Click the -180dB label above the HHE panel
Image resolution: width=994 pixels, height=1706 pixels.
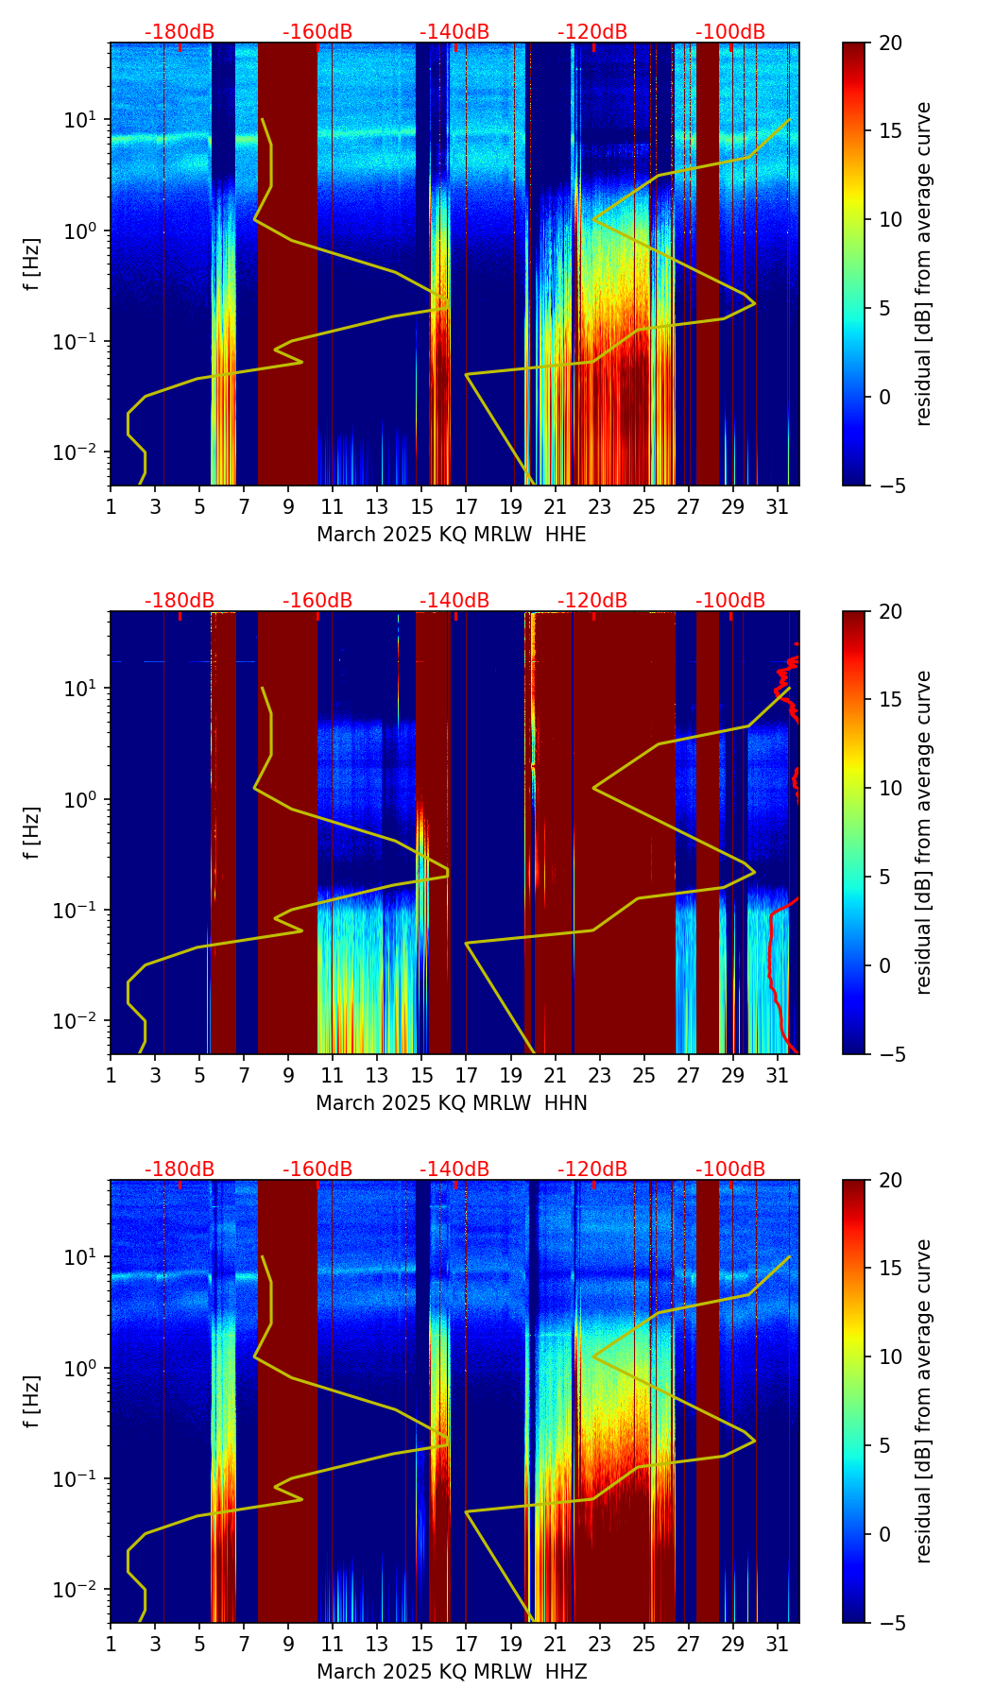pyautogui.click(x=180, y=32)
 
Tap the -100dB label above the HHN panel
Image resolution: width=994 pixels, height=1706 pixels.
pyautogui.click(x=730, y=601)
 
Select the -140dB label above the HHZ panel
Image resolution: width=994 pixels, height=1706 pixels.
pyautogui.click(x=454, y=1169)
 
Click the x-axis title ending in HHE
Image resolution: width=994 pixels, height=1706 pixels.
pyautogui.click(x=451, y=535)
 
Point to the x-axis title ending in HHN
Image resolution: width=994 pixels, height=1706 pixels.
pyautogui.click(x=451, y=1103)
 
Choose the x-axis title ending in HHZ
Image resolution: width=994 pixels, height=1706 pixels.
pyautogui.click(x=451, y=1672)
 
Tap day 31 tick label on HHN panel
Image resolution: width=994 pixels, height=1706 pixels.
pyautogui.click(x=778, y=1076)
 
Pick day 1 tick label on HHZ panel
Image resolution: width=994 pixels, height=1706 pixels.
pyautogui.click(x=111, y=1645)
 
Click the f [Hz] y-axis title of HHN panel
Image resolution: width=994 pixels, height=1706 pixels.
pyautogui.click(x=33, y=832)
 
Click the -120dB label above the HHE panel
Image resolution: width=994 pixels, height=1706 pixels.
pyautogui.click(x=592, y=32)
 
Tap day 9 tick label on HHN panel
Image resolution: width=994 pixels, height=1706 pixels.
pyautogui.click(x=288, y=1076)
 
